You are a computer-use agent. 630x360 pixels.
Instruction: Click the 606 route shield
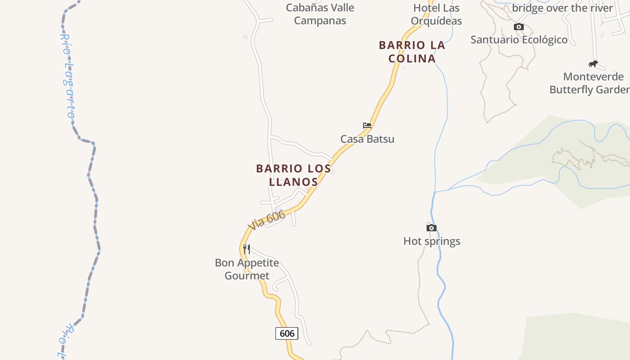point(287,333)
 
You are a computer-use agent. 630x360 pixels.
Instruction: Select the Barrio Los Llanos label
point(293,175)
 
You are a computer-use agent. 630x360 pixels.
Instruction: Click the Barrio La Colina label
point(412,52)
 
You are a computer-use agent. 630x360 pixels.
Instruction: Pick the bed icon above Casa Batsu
point(367,126)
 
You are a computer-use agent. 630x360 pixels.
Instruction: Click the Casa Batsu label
point(367,139)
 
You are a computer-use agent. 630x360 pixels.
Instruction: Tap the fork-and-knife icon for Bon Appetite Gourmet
point(247,249)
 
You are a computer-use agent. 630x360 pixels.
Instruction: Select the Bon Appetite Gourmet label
point(247,269)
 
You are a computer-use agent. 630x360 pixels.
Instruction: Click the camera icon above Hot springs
point(432,228)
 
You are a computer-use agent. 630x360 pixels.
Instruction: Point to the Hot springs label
point(432,241)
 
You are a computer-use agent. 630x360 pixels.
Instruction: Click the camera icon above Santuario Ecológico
point(519,27)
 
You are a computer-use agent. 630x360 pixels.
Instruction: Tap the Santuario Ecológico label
point(519,40)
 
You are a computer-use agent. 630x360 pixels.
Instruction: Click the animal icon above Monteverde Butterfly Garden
point(593,63)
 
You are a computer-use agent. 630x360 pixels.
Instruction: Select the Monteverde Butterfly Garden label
point(590,83)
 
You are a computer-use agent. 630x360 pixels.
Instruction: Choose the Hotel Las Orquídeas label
point(436,14)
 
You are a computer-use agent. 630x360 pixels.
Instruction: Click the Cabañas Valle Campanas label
point(320,14)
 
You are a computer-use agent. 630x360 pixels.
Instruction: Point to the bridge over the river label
point(562,8)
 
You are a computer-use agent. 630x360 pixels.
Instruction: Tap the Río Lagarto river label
point(67,76)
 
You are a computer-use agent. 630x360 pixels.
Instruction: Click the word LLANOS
point(293,182)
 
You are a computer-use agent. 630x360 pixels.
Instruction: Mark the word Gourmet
point(247,276)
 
